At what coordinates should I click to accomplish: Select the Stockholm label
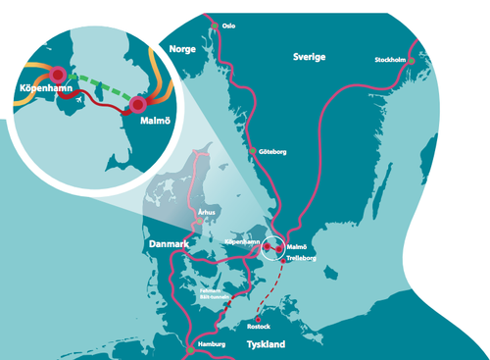pos(390,60)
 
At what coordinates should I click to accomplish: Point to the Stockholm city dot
pos(412,61)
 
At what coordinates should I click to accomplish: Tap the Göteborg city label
pos(271,152)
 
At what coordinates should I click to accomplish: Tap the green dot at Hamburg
pos(188,348)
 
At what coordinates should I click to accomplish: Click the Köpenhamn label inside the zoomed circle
pos(46,89)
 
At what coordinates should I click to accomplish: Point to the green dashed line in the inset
pos(98,84)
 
